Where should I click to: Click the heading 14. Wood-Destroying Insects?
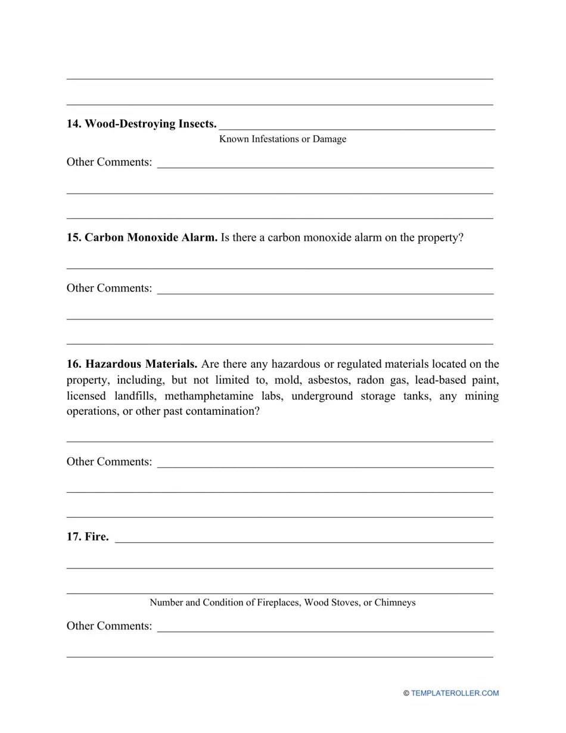[141, 124]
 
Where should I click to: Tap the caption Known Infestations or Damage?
[282, 139]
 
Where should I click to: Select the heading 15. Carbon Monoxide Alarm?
[142, 238]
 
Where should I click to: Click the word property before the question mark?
[436, 238]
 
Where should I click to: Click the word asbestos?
[327, 380]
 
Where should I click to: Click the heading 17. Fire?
[88, 537]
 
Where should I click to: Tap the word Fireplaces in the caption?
[278, 602]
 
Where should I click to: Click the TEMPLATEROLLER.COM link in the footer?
[455, 693]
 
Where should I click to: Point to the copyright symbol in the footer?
[406, 693]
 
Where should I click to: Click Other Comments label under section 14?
[109, 162]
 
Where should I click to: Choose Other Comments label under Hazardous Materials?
[109, 462]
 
